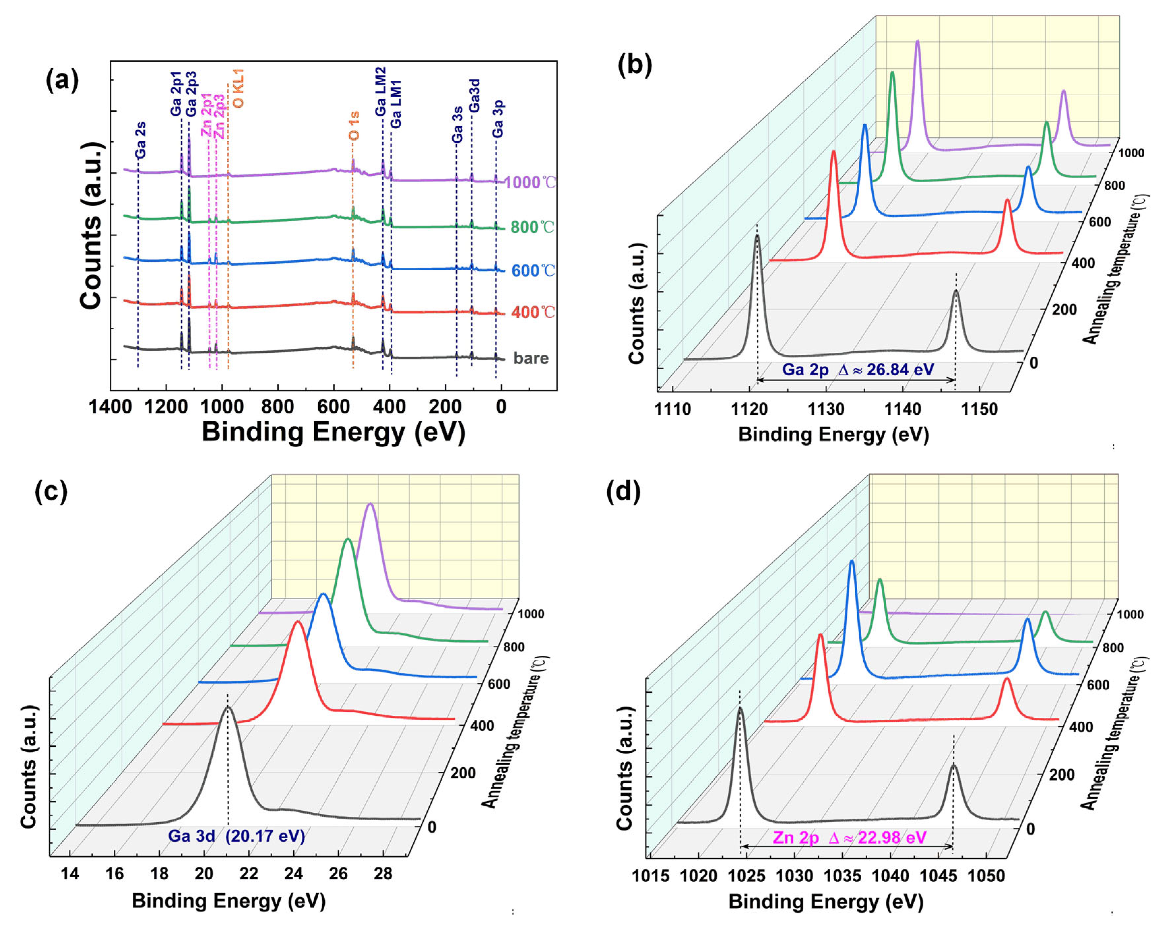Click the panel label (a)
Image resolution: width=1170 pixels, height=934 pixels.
click(x=62, y=80)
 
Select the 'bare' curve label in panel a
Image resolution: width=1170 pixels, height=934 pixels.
click(x=530, y=358)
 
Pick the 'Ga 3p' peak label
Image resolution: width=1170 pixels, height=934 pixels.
click(x=498, y=118)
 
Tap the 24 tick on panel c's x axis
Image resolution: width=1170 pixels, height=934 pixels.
click(x=294, y=874)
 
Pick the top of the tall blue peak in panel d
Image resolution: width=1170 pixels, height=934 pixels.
click(x=851, y=562)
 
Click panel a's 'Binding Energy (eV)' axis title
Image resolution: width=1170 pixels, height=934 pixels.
click(x=333, y=433)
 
